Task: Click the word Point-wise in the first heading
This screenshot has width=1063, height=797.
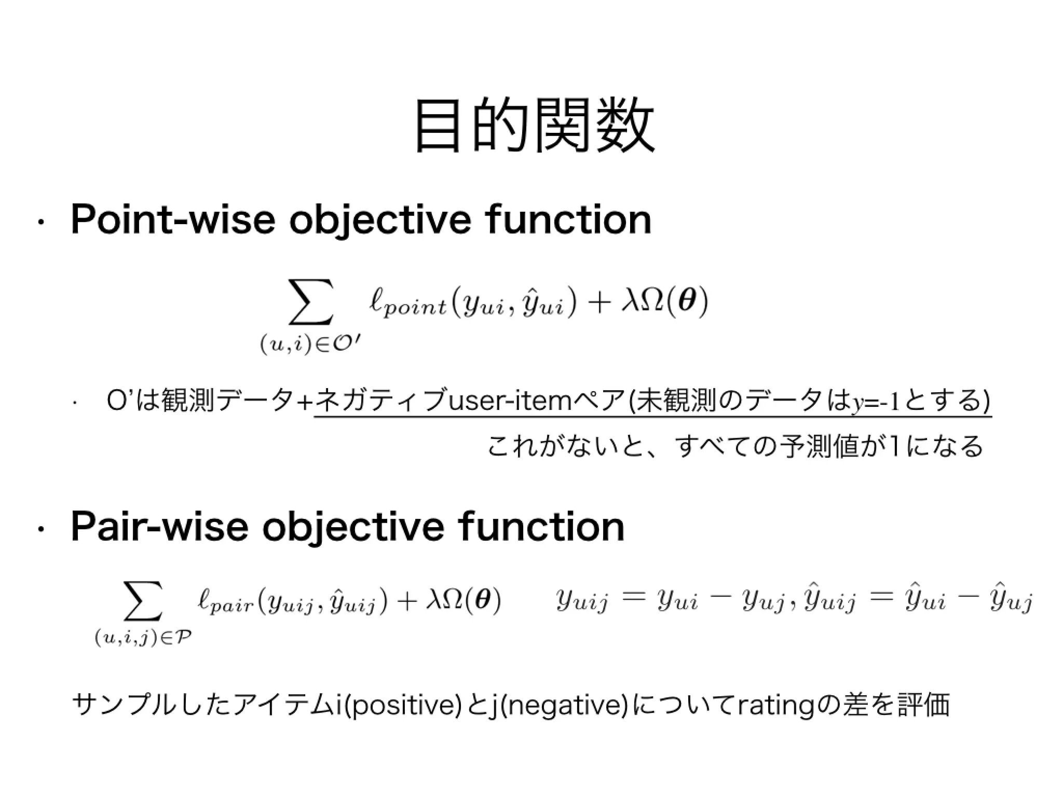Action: pyautogui.click(x=172, y=220)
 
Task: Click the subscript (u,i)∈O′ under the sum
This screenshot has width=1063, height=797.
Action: pyautogui.click(x=310, y=345)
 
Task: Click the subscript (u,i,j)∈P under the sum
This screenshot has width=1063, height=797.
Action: pyautogui.click(x=143, y=638)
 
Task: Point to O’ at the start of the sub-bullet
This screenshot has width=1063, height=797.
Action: pyautogui.click(x=116, y=401)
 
